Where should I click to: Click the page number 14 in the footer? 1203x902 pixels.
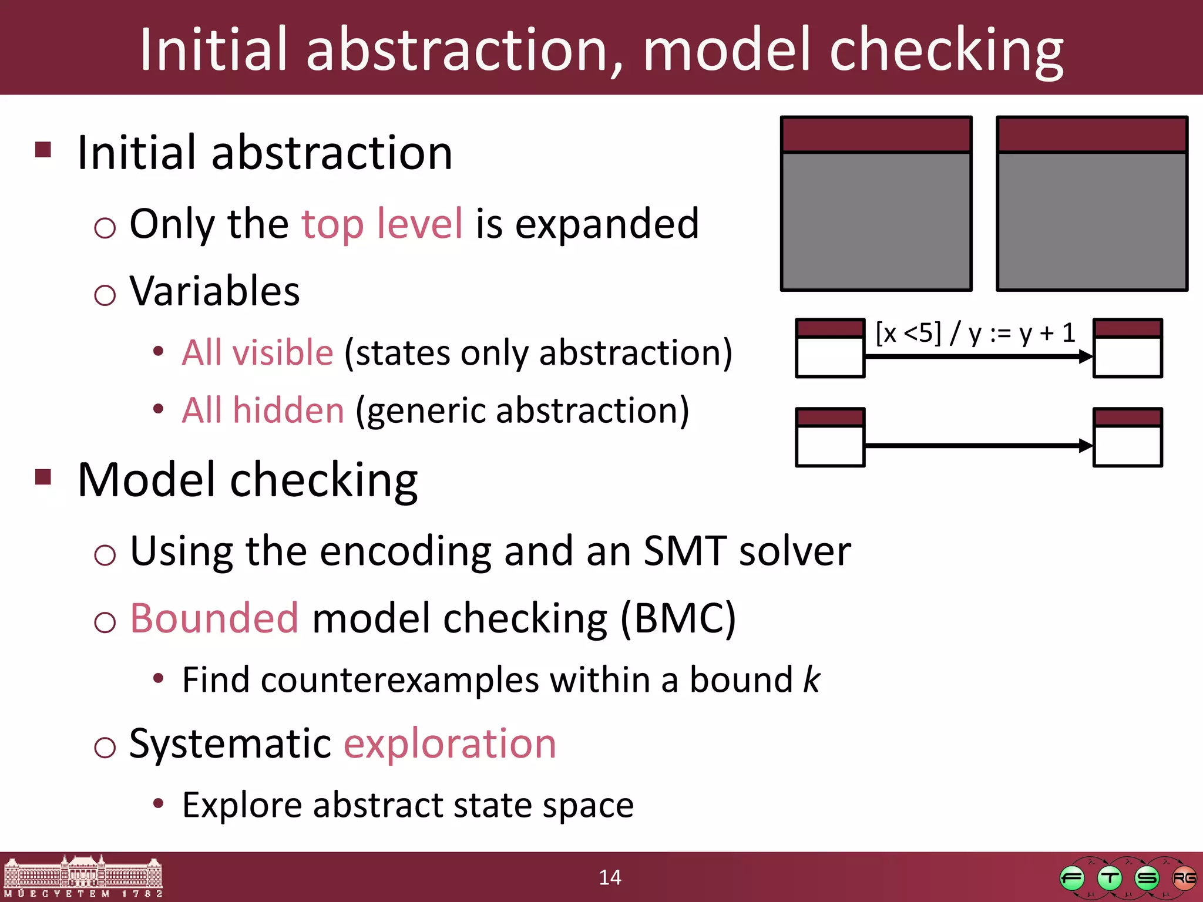click(x=610, y=877)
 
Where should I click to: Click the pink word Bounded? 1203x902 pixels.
click(x=214, y=618)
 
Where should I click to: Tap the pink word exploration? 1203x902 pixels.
click(x=449, y=744)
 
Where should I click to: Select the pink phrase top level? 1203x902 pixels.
click(x=382, y=224)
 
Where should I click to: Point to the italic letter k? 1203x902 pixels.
click(x=812, y=680)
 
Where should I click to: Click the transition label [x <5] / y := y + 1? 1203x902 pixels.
click(x=975, y=333)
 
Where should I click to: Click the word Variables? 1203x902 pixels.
click(x=214, y=291)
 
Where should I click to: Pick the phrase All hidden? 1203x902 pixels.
click(x=263, y=410)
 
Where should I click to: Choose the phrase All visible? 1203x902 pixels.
click(x=257, y=353)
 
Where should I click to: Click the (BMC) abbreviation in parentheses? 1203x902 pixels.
click(x=678, y=618)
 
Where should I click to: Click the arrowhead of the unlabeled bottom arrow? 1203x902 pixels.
click(x=1086, y=446)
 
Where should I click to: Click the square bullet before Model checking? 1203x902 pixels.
click(x=43, y=476)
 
